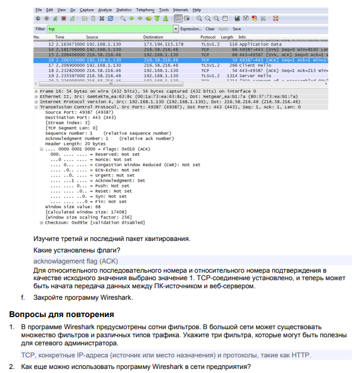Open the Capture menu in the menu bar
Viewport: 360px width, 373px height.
point(87,10)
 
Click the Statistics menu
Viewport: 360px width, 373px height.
point(123,10)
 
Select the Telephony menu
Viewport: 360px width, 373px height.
point(145,10)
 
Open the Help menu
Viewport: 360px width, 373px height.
point(197,10)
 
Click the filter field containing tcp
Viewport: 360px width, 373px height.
point(110,28)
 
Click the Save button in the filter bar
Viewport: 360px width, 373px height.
point(237,28)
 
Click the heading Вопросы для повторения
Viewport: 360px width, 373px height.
point(61,315)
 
